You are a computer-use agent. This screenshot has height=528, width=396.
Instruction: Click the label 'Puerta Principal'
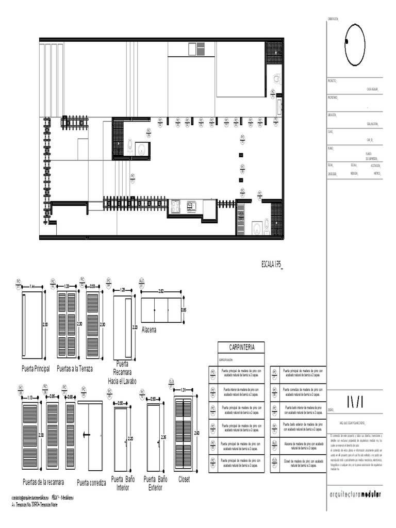(x=36, y=369)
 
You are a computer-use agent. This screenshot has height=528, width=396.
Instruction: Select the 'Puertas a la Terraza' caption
(x=75, y=369)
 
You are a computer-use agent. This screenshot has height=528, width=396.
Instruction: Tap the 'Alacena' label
(x=149, y=329)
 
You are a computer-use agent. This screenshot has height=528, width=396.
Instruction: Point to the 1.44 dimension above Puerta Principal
(x=32, y=287)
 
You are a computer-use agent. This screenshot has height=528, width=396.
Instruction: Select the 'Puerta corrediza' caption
(x=91, y=483)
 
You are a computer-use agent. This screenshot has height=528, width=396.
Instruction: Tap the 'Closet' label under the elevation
(x=184, y=479)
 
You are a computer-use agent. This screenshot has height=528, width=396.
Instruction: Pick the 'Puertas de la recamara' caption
(x=43, y=483)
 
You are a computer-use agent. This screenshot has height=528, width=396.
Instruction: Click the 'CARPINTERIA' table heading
(x=237, y=347)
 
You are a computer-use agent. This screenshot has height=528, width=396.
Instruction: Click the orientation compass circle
(x=355, y=45)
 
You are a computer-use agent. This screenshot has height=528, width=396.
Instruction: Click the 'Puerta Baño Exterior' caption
(x=156, y=483)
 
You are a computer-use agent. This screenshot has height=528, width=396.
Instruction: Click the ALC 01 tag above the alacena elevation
(x=142, y=282)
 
